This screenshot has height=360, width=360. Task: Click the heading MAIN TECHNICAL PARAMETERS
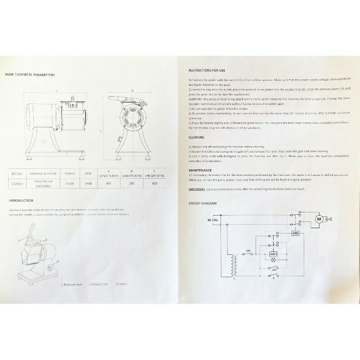point(30,75)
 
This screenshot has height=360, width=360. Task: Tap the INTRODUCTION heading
point(20,200)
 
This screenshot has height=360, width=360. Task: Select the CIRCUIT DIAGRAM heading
point(202,203)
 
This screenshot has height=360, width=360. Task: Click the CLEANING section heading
point(196,137)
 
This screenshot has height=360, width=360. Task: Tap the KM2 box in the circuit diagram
point(296,234)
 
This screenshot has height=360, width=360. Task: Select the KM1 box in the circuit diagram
point(273,255)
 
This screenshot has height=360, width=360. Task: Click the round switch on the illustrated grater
point(49,269)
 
